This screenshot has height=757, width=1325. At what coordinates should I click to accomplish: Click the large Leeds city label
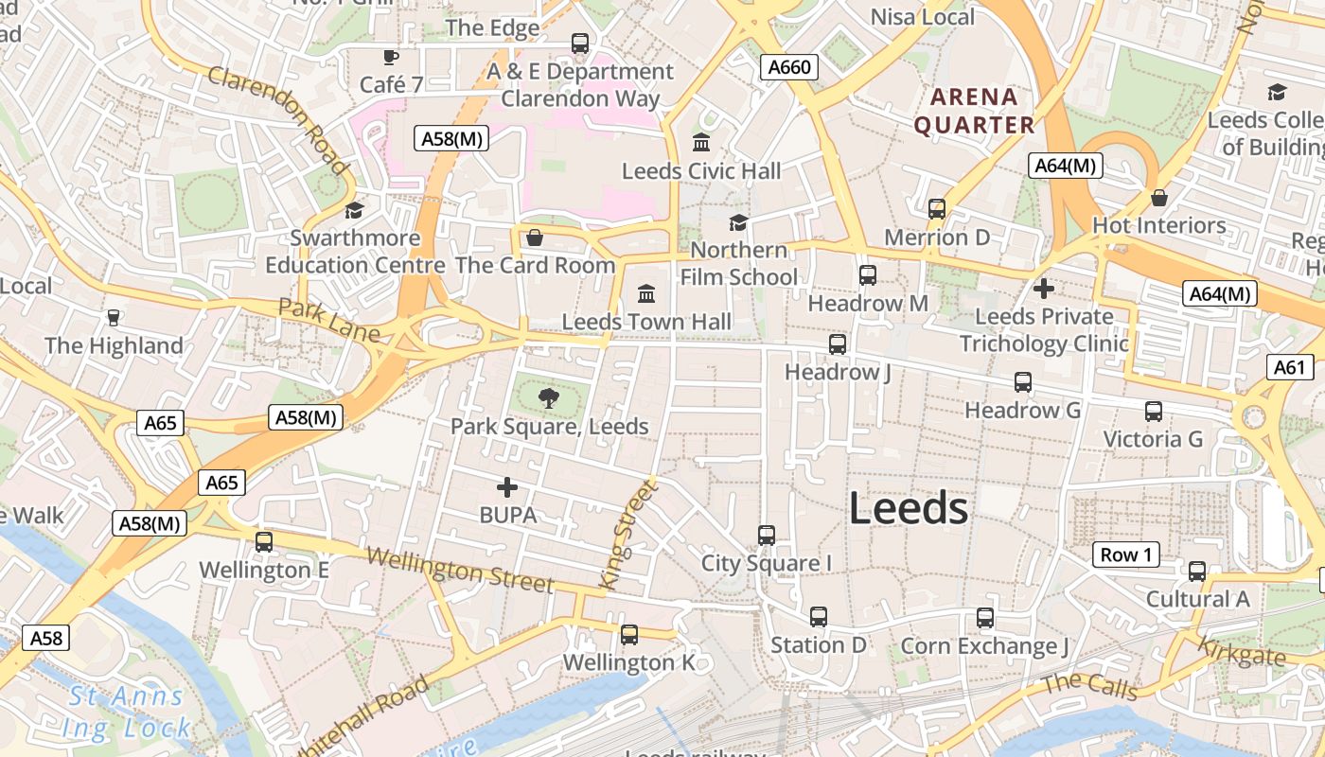coord(908,509)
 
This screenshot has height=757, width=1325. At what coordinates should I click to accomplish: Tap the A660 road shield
coord(789,67)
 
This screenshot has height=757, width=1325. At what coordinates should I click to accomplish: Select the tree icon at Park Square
coord(548,398)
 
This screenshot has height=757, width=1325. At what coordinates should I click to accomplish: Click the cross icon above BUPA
coord(507,487)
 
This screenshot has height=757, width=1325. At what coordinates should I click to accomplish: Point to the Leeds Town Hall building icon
coord(646,293)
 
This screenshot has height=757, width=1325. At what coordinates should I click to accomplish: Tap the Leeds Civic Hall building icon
coord(701,143)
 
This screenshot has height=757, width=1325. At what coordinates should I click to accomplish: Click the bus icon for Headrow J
coord(838,344)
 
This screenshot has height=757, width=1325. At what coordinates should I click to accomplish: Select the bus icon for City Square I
coord(767,536)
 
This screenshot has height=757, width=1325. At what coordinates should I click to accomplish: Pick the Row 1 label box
coord(1126,555)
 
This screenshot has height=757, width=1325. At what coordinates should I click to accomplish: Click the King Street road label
coord(627,536)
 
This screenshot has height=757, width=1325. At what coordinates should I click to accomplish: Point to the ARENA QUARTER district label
coord(974,111)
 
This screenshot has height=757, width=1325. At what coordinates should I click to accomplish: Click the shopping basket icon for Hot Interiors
coord(1159,198)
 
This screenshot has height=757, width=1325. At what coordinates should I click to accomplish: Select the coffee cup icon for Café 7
coord(391,58)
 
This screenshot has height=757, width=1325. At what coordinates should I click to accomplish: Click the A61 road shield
coord(1289,368)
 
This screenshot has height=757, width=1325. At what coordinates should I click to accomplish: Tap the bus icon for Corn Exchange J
coord(985,618)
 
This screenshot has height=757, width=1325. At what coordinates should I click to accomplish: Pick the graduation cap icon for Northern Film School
coord(738,222)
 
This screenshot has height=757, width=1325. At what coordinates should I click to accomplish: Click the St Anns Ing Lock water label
coord(127,713)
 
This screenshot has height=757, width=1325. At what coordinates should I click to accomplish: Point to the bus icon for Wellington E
coord(264,542)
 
